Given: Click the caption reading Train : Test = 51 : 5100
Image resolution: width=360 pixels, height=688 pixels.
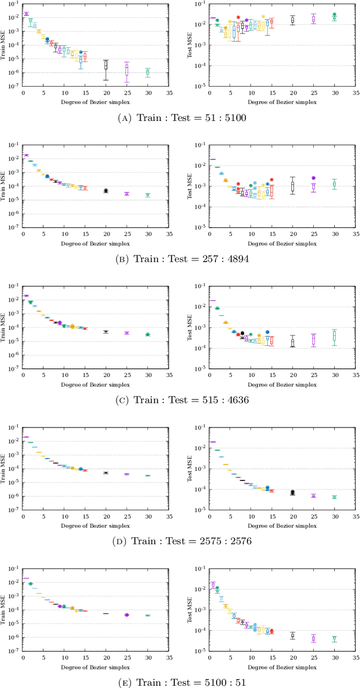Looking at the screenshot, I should (x=180, y=118).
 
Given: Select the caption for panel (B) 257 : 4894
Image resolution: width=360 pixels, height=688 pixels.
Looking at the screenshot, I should (x=180, y=259).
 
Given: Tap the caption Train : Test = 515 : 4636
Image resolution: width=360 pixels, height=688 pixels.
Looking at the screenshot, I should (x=180, y=400).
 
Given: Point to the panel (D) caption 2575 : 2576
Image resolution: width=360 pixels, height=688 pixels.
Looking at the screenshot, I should (x=180, y=541).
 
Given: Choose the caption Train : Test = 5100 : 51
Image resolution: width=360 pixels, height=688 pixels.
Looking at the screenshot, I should (x=180, y=682).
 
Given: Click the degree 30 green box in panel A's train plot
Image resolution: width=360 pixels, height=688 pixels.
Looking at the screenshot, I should (x=147, y=73).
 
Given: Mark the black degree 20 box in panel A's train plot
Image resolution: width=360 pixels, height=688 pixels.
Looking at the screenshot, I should (x=106, y=65).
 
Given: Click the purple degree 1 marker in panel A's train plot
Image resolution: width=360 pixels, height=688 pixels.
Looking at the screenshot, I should (x=26, y=14).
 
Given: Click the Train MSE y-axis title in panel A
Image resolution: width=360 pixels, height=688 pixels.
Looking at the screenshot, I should (x=5, y=44).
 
